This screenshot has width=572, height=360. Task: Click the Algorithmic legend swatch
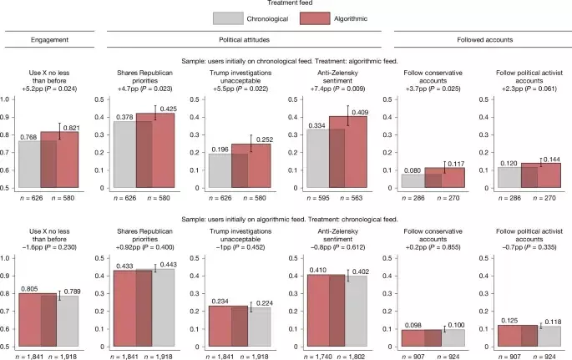coord(326,18)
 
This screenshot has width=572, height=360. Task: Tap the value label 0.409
coord(359,111)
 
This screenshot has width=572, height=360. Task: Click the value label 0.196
coord(205,149)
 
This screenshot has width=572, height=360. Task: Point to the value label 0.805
coord(29,288)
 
